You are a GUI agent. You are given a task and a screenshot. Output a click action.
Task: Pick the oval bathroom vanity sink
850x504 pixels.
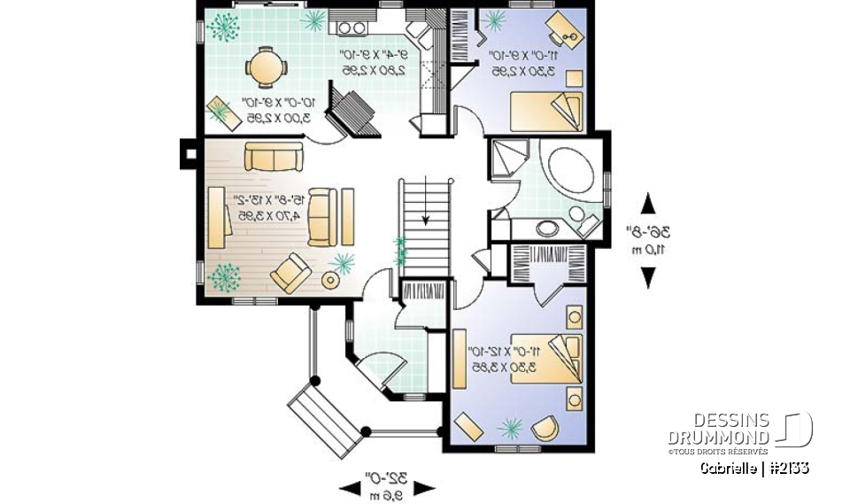548,229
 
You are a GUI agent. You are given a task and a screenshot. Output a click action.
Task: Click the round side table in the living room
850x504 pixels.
331,280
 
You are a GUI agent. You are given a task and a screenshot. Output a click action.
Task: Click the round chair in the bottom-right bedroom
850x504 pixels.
545,429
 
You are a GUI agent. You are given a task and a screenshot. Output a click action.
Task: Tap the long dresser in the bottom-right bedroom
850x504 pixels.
460,360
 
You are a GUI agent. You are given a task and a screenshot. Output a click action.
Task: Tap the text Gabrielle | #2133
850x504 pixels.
753,468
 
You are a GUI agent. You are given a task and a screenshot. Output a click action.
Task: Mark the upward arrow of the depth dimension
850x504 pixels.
649,203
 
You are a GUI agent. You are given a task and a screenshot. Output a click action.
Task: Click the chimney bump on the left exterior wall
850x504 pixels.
188,151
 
